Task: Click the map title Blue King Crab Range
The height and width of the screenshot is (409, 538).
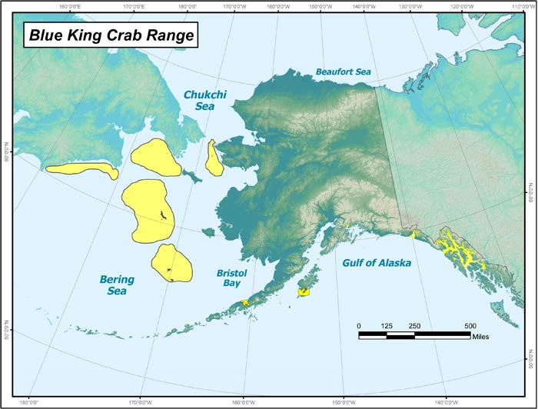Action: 111,34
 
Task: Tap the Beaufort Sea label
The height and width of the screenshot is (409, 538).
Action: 343,71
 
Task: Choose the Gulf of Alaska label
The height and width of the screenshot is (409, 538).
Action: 376,263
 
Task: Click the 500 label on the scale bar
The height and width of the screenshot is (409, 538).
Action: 470,326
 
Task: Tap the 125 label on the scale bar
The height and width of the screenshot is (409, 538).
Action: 387,326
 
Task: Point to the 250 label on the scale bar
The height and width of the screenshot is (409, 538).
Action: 414,326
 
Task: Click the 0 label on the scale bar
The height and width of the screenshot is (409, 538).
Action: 359,326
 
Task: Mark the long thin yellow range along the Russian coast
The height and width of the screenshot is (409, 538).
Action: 81,169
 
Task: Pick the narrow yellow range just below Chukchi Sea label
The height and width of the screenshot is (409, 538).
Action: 214,157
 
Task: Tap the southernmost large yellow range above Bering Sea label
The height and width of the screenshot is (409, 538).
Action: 171,262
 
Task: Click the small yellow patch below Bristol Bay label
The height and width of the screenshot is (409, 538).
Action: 245,303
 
